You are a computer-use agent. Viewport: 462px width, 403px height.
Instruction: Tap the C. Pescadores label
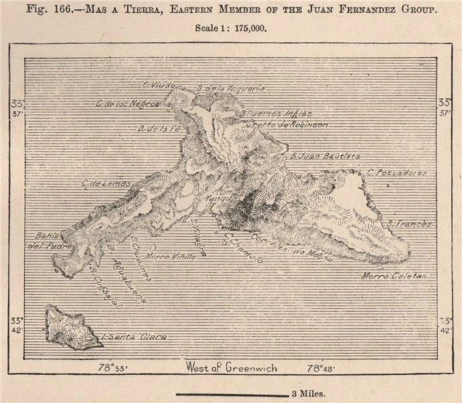click(397, 173)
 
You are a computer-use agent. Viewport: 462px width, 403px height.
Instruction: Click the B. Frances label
click(409, 223)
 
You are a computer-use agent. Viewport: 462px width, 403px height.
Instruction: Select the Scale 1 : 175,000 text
click(230, 29)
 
